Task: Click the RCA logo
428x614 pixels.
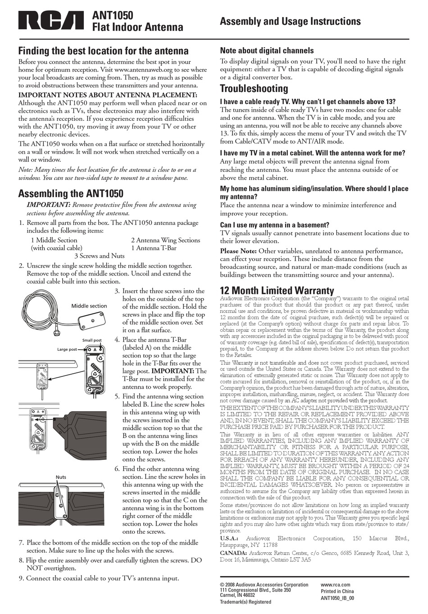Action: click(x=51, y=21)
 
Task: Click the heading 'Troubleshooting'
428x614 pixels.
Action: click(x=254, y=88)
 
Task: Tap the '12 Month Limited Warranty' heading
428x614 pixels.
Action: click(x=277, y=291)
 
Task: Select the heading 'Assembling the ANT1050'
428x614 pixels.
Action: click(x=70, y=194)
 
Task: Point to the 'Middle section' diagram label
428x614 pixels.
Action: click(x=89, y=306)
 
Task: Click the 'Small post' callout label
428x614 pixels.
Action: click(x=91, y=340)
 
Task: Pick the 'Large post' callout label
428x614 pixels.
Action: click(x=67, y=349)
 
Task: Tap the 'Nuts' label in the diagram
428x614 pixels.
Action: click(x=61, y=477)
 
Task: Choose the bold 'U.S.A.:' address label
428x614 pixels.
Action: click(x=229, y=538)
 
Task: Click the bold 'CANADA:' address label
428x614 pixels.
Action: click(x=233, y=553)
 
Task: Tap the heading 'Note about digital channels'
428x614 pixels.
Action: click(x=266, y=51)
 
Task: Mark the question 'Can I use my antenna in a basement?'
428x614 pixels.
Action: click(x=274, y=225)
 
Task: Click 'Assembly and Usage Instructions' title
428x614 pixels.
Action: click(x=290, y=21)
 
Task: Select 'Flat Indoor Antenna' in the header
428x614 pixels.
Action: click(x=137, y=27)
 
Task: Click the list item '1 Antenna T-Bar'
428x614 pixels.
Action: click(x=154, y=248)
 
